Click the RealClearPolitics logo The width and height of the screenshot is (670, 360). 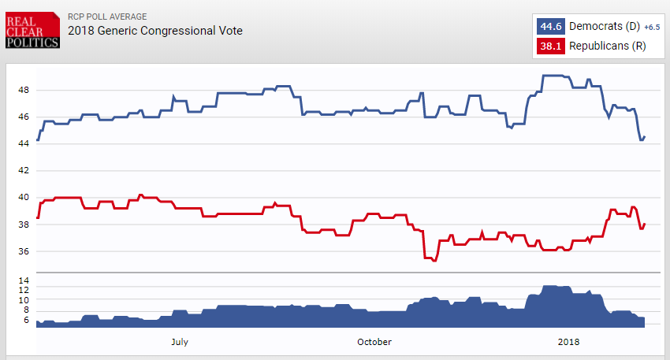click(32, 30)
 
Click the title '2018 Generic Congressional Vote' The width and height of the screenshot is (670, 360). click(155, 31)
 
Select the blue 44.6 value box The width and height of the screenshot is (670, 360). click(550, 26)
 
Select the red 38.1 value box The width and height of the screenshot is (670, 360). click(550, 46)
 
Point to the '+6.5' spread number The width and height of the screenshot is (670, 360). click(651, 27)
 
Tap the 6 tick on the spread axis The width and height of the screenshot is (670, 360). click(25, 320)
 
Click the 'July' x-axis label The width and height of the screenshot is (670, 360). click(179, 341)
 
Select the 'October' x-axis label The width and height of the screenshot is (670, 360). click(374, 341)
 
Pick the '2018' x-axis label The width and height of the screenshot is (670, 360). click(568, 341)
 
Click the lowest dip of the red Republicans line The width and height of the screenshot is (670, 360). click(434, 260)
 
